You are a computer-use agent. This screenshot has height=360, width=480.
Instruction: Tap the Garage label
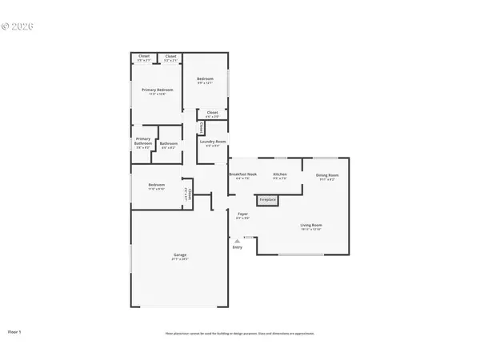coord(180,255)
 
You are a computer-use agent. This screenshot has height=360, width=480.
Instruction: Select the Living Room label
coord(310,225)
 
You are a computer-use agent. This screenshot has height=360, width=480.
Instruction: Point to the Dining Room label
coord(326,174)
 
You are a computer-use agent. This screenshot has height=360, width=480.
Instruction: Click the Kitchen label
coord(280,174)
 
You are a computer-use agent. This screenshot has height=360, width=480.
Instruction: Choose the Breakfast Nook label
coord(242,174)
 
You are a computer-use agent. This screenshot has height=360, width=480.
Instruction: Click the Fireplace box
coord(266,200)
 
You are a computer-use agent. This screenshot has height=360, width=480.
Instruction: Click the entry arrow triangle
coord(237,239)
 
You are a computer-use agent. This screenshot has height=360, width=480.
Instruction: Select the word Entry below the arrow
coord(237,247)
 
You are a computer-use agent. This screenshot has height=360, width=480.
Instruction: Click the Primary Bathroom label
coord(142,142)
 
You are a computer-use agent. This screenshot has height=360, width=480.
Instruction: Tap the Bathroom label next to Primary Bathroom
coord(169,144)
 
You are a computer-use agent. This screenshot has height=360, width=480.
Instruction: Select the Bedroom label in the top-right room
coord(206,78)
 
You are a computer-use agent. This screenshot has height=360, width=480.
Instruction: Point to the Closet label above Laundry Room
coord(212,113)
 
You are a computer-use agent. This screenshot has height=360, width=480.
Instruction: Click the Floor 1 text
coord(15,330)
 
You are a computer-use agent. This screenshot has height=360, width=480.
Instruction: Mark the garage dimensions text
coord(180,259)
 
